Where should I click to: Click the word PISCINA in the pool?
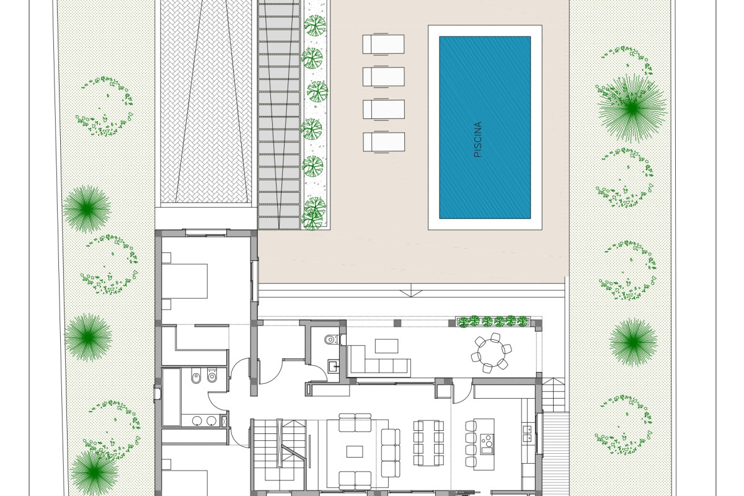(x=477, y=139)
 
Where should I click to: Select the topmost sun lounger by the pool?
(x=384, y=44)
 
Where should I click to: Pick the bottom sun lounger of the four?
(x=384, y=142)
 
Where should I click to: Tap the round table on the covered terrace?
(x=491, y=353)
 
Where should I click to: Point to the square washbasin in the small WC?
(x=334, y=366)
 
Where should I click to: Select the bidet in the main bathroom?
(x=196, y=377)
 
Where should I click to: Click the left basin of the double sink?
(x=197, y=421)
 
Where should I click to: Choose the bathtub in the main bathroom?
(x=171, y=397)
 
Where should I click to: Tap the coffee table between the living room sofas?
(x=355, y=451)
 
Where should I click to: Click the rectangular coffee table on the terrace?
(x=387, y=346)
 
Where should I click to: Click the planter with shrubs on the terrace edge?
(x=493, y=322)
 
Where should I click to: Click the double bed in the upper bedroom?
(x=185, y=281)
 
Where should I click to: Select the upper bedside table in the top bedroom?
(x=166, y=258)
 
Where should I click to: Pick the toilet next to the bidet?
(x=211, y=376)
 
